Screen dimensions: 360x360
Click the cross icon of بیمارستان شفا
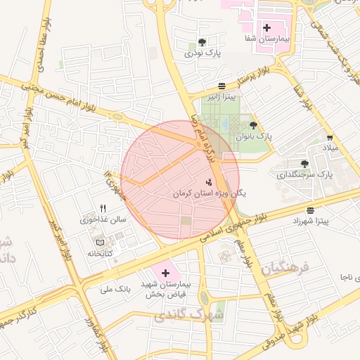[x=266, y=28]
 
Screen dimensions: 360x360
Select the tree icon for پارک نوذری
[x=202, y=42]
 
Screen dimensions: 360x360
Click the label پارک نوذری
[x=203, y=53]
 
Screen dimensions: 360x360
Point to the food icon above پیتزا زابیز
[x=222, y=84]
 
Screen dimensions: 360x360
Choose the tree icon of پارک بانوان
[x=253, y=125]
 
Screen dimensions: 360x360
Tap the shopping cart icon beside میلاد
[x=330, y=138]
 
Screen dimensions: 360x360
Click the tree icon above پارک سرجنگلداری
[x=304, y=163]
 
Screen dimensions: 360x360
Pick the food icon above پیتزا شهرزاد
[x=311, y=210]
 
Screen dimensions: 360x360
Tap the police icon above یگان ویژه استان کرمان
[x=209, y=181]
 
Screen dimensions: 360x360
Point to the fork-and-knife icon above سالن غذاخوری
[x=103, y=208]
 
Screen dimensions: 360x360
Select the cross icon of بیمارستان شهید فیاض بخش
[x=166, y=272]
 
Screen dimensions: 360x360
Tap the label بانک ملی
[x=116, y=288]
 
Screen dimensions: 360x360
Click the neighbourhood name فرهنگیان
[x=286, y=268]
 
